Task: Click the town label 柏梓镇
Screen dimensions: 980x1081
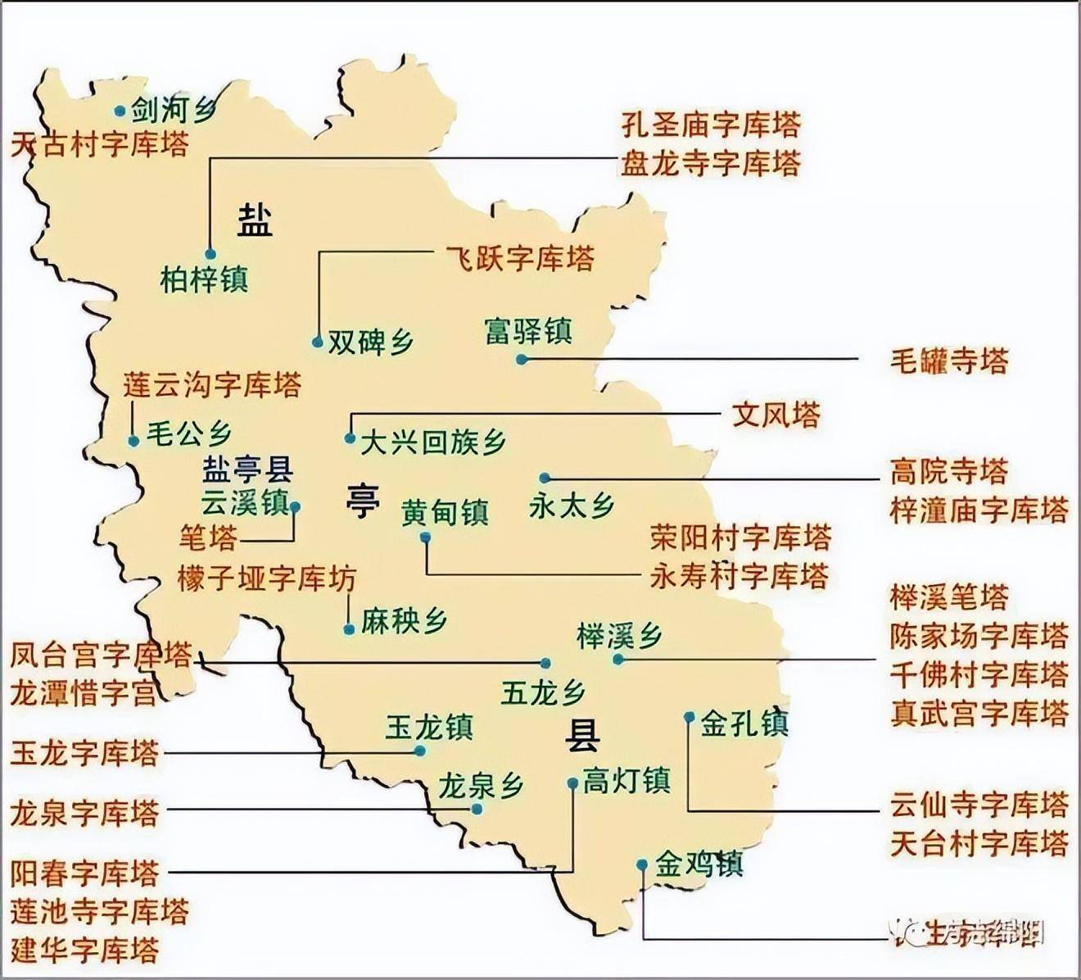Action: click(204, 280)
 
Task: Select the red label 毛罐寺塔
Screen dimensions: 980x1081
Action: click(949, 361)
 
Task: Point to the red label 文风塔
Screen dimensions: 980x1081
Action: click(776, 415)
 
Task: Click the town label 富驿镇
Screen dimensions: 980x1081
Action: click(528, 331)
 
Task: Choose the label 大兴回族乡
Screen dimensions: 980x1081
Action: click(433, 442)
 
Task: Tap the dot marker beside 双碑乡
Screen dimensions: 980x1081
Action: click(318, 343)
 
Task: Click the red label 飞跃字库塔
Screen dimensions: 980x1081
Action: click(519, 258)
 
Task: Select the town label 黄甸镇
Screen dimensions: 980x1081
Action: click(445, 513)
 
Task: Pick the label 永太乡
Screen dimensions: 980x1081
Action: click(572, 506)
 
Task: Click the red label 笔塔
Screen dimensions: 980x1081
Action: click(208, 538)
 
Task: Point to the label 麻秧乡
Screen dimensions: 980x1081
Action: click(404, 622)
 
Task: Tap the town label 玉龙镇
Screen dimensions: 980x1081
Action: click(429, 728)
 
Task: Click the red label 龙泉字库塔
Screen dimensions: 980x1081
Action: click(84, 813)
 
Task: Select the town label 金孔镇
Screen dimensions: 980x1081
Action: click(744, 724)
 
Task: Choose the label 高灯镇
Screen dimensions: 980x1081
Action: click(626, 779)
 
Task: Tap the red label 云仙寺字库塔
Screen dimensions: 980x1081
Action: click(979, 805)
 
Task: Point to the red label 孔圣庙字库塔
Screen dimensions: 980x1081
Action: click(710, 125)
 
